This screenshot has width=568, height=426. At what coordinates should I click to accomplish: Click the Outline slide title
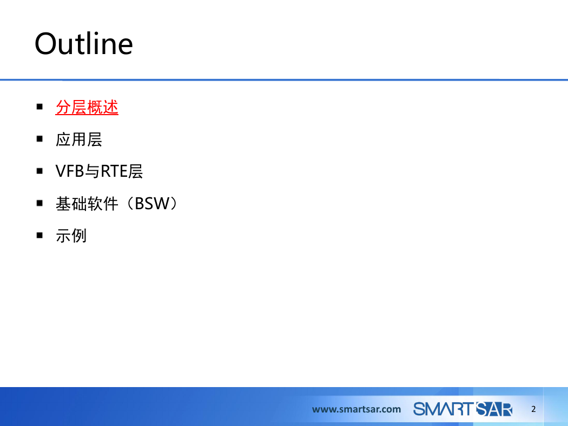pyautogui.click(x=84, y=43)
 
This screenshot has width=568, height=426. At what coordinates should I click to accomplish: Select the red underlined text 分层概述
pyautogui.click(x=87, y=108)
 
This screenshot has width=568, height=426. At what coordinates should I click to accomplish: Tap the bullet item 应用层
pyautogui.click(x=78, y=139)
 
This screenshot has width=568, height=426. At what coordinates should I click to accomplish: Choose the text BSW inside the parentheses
pyautogui.click(x=152, y=203)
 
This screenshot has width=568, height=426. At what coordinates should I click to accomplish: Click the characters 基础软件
pyautogui.click(x=87, y=203)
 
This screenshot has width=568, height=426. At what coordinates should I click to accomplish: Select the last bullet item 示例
pyautogui.click(x=71, y=236)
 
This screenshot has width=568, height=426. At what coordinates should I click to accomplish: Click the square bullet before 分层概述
pyautogui.click(x=39, y=106)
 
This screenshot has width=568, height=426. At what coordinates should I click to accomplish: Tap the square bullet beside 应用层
pyautogui.click(x=39, y=138)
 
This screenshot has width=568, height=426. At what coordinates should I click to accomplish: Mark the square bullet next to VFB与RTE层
pyautogui.click(x=39, y=171)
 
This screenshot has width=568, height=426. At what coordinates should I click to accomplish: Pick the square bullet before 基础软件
pyautogui.click(x=39, y=203)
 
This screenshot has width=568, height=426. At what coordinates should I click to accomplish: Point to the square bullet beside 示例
pyautogui.click(x=39, y=235)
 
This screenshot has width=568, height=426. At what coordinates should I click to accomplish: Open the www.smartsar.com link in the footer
pyautogui.click(x=356, y=409)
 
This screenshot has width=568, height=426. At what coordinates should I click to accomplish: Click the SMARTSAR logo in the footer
pyautogui.click(x=463, y=409)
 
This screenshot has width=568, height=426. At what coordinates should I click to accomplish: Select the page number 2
pyautogui.click(x=533, y=409)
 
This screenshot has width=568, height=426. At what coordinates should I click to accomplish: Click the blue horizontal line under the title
pyautogui.click(x=284, y=79)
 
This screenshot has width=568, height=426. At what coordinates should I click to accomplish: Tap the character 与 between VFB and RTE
pyautogui.click(x=92, y=171)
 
